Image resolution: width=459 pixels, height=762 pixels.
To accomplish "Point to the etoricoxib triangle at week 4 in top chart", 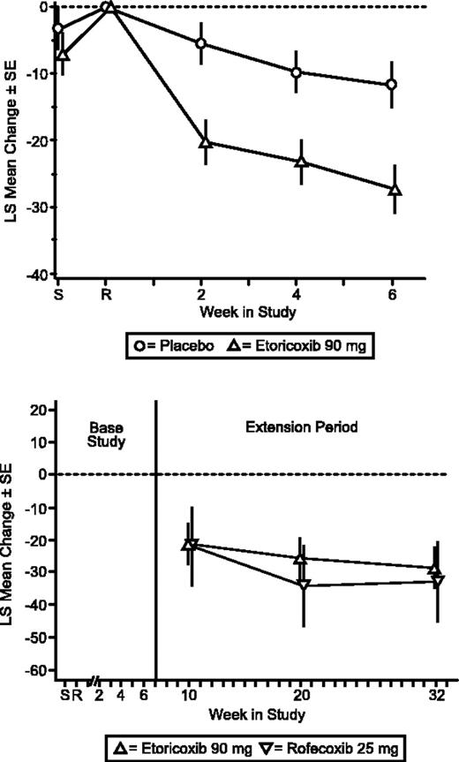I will [301, 162].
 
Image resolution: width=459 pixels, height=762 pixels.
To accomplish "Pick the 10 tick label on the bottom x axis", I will [190, 694].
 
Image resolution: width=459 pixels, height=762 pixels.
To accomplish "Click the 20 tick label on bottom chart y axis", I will [38, 410].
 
